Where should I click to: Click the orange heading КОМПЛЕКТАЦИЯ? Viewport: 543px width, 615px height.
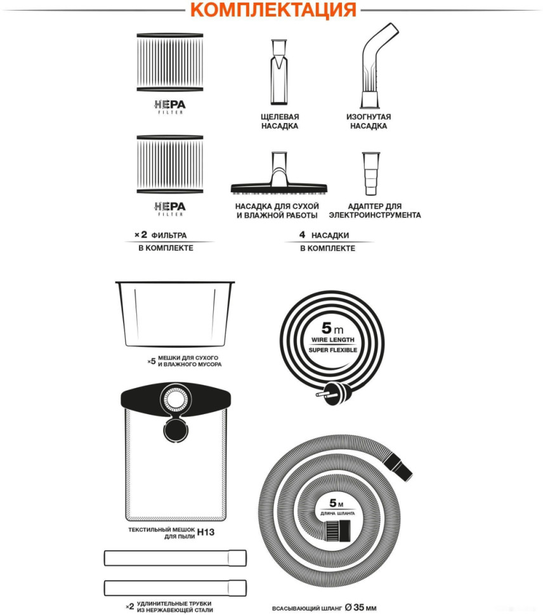coord(273,10)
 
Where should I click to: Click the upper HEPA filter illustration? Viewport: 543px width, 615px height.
coord(170,62)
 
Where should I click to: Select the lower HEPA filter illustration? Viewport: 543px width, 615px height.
coord(170,164)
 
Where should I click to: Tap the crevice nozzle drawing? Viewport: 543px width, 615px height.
coord(279,72)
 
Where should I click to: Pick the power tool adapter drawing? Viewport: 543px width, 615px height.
coord(370,173)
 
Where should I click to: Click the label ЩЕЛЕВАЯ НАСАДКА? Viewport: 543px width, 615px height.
coord(280,121)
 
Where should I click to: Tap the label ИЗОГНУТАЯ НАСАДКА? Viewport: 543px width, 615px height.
coord(369,121)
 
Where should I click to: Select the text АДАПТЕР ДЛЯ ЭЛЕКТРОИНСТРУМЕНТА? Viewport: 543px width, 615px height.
coord(375,210)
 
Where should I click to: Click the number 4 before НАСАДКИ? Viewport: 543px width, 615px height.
coord(302,235)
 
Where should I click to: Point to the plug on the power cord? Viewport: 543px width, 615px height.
coord(334,393)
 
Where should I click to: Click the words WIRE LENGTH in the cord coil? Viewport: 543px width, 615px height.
coord(332,340)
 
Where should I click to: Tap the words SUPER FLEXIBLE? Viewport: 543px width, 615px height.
coord(332,350)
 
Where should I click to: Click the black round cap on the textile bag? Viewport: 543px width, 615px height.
coord(175,429)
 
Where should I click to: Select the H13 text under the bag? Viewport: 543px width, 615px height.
coord(206,532)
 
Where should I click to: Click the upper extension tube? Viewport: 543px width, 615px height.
coord(175,558)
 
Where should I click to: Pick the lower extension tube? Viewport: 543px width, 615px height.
coord(175,588)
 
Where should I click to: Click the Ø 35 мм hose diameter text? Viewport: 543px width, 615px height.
coord(360,607)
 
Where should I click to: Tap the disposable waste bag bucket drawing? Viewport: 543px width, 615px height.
coord(175,314)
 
